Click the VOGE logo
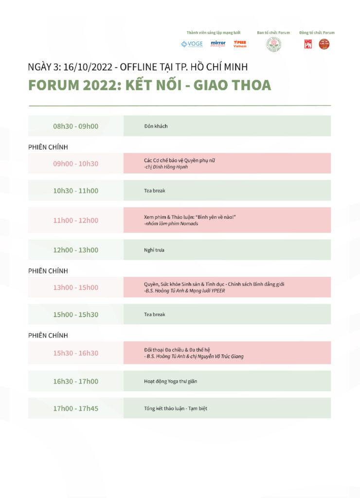(x=192, y=44)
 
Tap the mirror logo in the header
(x=218, y=44)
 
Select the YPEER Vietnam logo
(x=240, y=44)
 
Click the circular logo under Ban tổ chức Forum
(x=273, y=44)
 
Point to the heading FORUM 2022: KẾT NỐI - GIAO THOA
(x=149, y=85)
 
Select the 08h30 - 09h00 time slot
(x=75, y=126)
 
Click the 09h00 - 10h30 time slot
(x=75, y=163)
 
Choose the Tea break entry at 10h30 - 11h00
(x=155, y=191)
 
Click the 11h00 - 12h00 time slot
(x=75, y=220)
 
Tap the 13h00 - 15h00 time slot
(x=75, y=287)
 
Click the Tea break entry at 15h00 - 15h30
(x=155, y=315)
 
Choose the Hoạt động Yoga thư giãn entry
(x=170, y=381)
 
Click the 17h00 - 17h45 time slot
(x=75, y=409)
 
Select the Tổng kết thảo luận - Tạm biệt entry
(x=176, y=409)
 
